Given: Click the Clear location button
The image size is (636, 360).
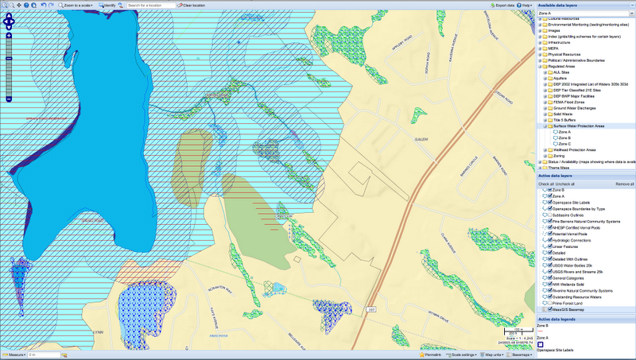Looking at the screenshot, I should coord(188,5).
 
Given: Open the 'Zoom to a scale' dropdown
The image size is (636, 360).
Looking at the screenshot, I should coord(79,5).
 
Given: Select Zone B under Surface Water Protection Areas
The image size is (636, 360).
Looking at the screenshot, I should coord(564,137).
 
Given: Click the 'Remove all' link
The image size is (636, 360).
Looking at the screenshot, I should coord(623,184).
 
